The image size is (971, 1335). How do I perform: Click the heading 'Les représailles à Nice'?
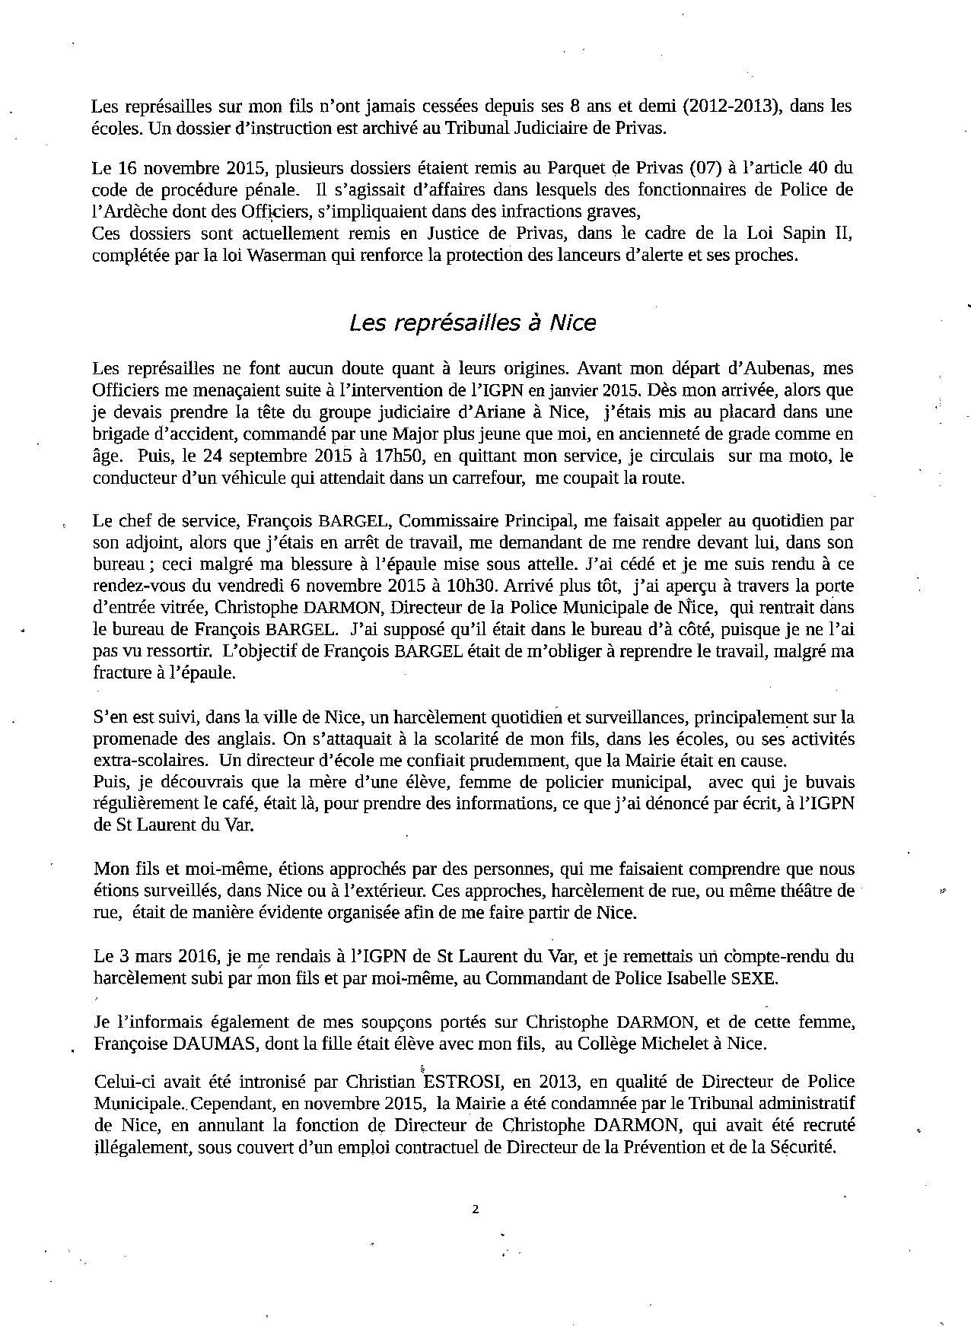pyautogui.click(x=472, y=323)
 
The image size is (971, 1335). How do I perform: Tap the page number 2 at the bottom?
pyautogui.click(x=476, y=1209)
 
